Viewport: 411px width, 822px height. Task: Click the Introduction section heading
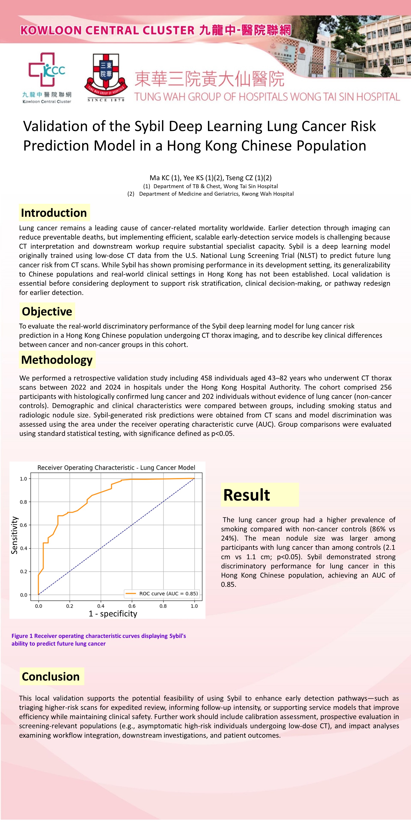[54, 213]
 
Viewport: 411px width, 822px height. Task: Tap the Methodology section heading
[57, 360]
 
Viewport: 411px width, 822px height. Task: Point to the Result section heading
[247, 495]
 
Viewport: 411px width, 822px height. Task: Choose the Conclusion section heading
[51, 676]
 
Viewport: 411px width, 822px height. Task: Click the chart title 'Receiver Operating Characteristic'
[116, 468]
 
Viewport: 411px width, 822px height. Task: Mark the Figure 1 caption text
[99, 639]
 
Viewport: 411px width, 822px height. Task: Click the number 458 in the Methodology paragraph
[206, 378]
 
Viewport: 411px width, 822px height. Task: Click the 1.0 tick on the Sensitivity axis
[24, 479]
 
